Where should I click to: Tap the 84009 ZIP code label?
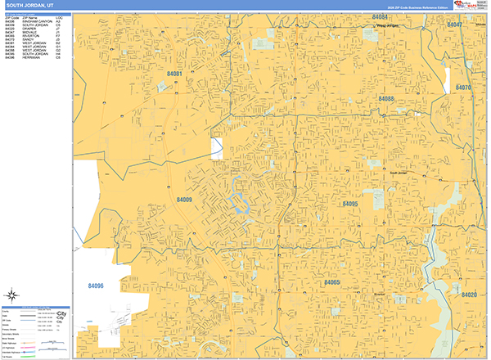coord(184,199)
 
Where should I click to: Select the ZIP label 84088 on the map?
coord(386,98)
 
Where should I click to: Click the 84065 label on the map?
coord(331,282)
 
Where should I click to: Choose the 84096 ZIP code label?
coord(96,286)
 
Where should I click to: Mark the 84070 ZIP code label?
coord(463,87)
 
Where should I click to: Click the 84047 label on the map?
coord(455,25)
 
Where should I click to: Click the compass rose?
coord(13,296)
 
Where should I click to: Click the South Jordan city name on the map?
coord(398,173)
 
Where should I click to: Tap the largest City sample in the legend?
coord(60,314)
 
